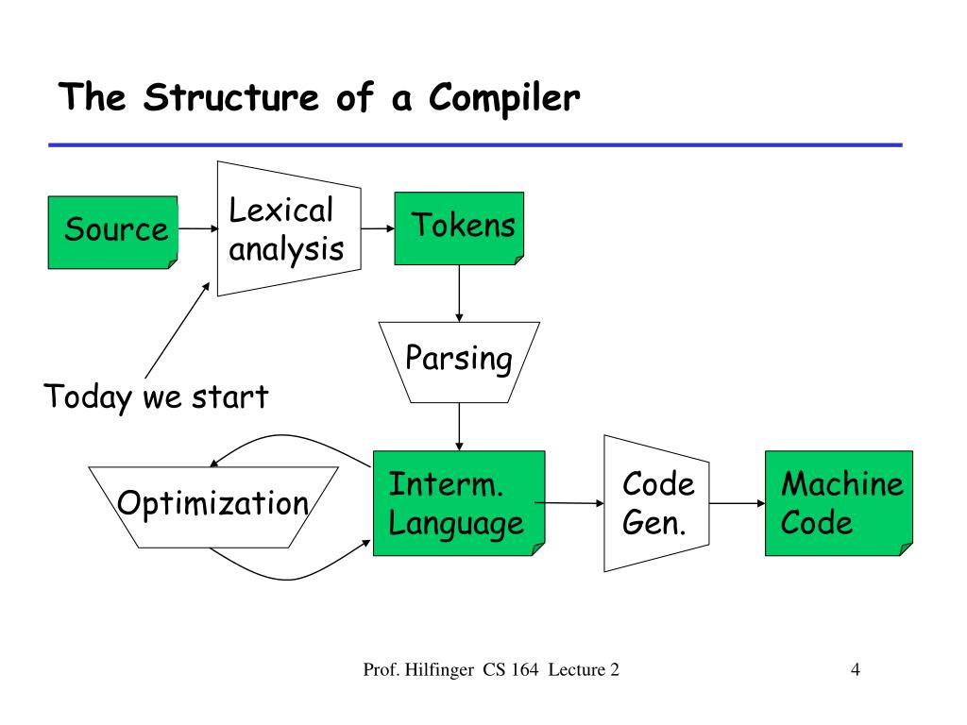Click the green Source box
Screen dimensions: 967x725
(113, 232)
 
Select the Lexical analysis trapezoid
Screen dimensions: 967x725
(289, 228)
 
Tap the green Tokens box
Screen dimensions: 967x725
(460, 228)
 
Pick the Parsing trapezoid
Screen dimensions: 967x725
(460, 362)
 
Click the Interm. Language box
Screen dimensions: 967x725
(460, 503)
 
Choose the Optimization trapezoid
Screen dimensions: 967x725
(213, 507)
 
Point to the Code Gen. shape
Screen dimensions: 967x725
(656, 503)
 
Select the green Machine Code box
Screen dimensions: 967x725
(839, 503)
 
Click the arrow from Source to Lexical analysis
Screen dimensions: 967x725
(198, 228)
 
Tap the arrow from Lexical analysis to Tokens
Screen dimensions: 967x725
(378, 228)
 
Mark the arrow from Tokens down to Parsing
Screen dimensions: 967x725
(460, 294)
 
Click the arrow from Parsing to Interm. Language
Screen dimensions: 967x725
(460, 427)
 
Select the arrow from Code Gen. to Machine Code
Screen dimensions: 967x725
(737, 503)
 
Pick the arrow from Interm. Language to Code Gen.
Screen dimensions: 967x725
(569, 503)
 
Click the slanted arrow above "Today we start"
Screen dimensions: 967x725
(178, 329)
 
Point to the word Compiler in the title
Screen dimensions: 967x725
(504, 98)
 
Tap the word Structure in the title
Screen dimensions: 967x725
(231, 97)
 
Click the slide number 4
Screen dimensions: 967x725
(856, 669)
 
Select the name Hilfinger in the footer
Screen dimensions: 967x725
(439, 670)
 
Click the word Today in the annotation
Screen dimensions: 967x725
(88, 397)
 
